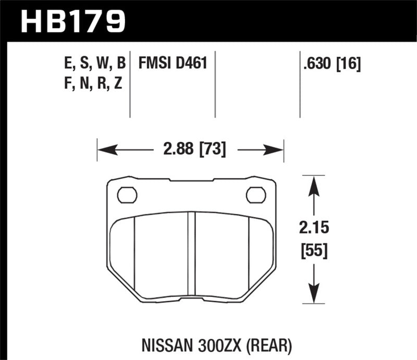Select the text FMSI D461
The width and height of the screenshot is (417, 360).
[173, 64]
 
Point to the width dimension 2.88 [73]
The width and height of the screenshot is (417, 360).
[190, 151]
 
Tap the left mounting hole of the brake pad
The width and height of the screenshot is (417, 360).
[127, 195]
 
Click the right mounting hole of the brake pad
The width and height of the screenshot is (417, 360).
[255, 195]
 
